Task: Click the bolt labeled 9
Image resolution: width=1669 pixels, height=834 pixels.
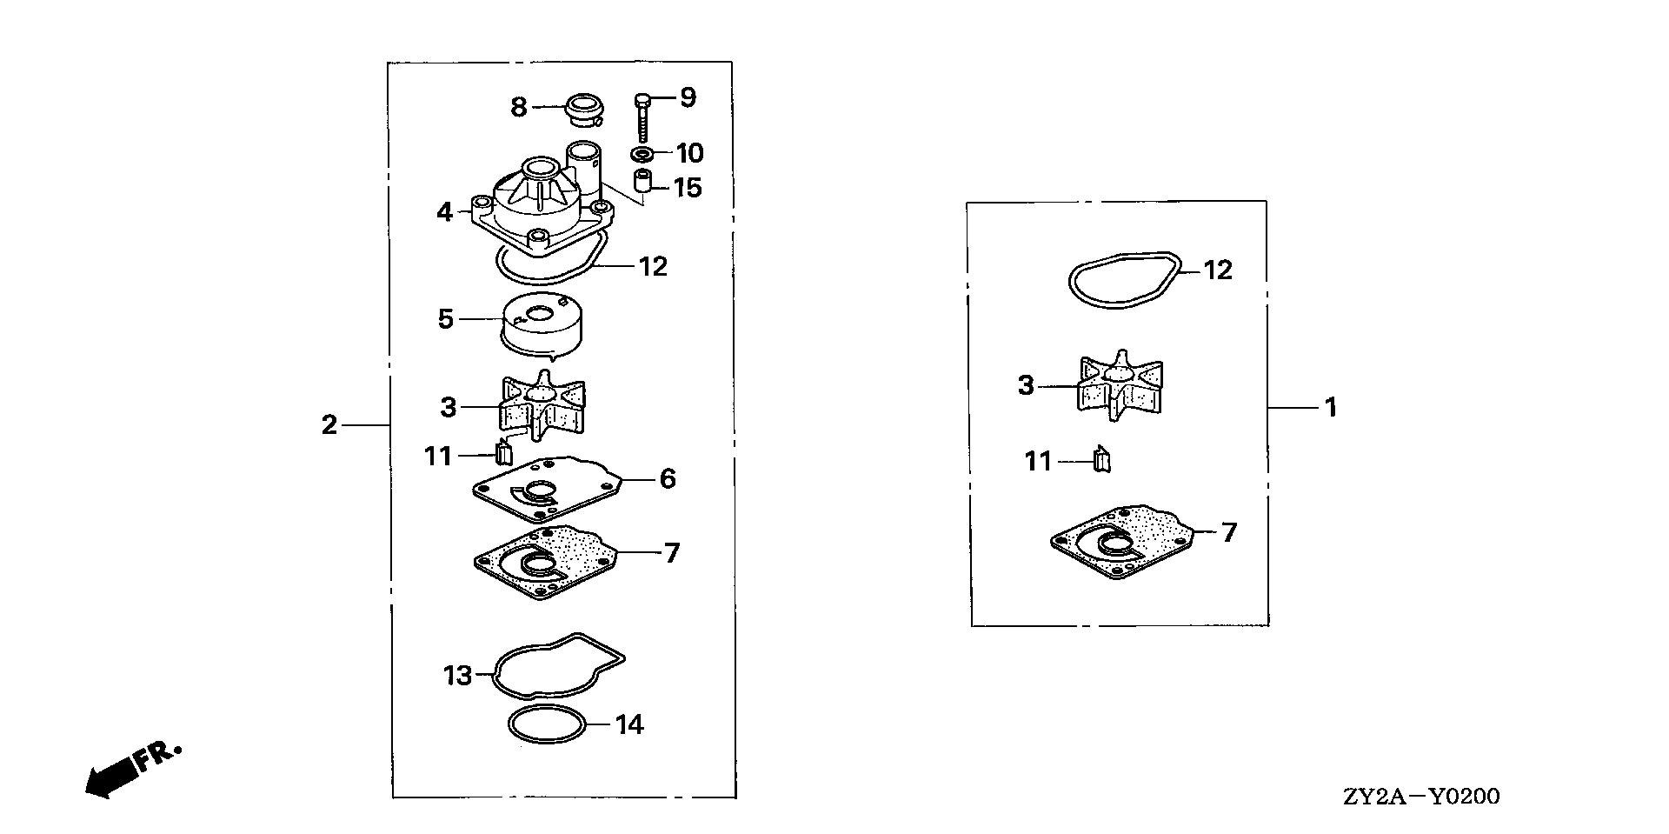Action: pos(642,118)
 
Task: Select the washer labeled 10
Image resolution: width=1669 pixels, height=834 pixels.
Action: pos(642,155)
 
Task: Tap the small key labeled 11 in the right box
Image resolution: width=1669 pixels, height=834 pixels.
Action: pos(1101,457)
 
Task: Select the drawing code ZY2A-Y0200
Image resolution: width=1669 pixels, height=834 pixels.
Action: pos(1421,796)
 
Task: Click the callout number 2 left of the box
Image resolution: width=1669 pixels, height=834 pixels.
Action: pos(329,425)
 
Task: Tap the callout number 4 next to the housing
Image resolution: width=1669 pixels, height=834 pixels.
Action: pos(445,211)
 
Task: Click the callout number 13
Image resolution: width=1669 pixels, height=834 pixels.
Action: pos(457,675)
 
